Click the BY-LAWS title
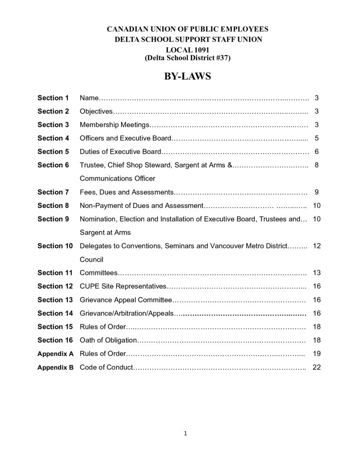188,76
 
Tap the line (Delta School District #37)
188,58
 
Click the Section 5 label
53,152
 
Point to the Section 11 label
55,273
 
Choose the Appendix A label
55,354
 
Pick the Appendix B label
55,367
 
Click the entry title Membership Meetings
114,125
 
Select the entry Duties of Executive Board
120,152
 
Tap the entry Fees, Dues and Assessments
127,192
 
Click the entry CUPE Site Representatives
123,286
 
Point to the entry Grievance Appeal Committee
126,300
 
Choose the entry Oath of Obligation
108,340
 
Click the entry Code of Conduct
106,367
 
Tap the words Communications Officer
117,178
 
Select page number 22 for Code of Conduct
317,367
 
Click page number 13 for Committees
317,273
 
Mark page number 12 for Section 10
317,246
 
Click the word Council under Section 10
91,259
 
